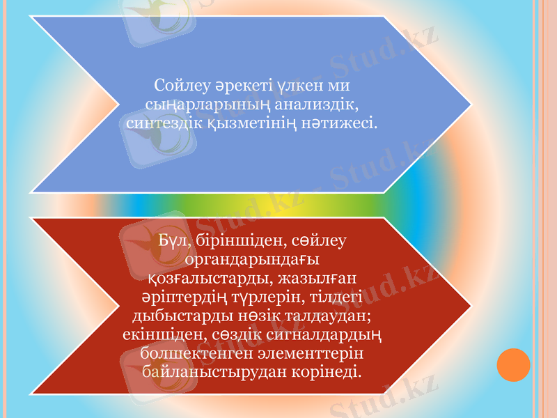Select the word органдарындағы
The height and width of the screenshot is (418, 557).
(251, 260)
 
